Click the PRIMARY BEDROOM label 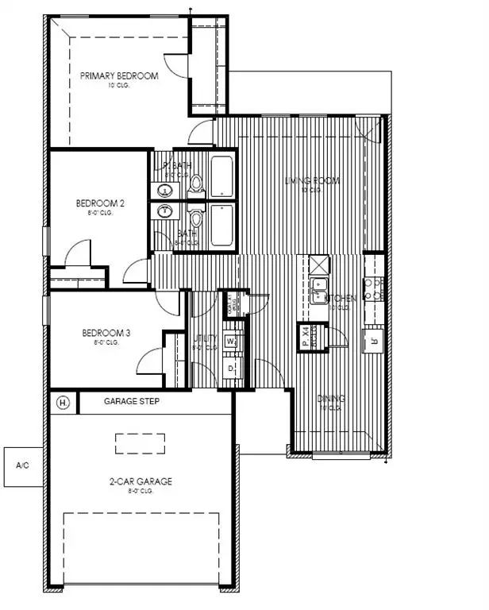click(x=119, y=76)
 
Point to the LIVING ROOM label click(x=312, y=181)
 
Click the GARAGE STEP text click(x=133, y=402)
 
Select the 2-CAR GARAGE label click(x=141, y=481)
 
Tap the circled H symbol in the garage click(x=64, y=403)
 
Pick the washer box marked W click(x=231, y=341)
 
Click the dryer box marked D click(x=231, y=369)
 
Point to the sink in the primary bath click(x=166, y=191)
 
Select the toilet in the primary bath click(x=197, y=186)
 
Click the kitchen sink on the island click(x=320, y=291)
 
